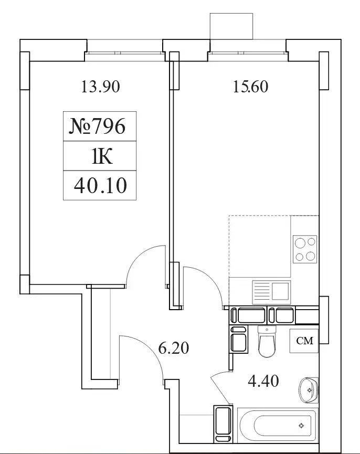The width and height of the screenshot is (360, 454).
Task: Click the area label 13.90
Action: (x=100, y=87)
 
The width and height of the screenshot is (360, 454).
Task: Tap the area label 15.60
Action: (x=251, y=87)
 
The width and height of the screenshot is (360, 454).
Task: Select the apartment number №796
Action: (x=97, y=126)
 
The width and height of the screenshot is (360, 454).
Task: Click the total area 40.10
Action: (x=100, y=185)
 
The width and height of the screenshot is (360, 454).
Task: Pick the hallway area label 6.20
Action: (x=173, y=348)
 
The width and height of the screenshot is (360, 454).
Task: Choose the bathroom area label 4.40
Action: (x=263, y=381)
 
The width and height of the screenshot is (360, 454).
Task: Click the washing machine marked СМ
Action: (x=304, y=341)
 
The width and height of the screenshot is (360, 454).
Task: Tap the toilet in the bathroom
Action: (x=267, y=341)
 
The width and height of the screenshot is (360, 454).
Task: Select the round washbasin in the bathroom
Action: (x=309, y=390)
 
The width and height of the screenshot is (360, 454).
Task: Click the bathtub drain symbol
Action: (x=302, y=425)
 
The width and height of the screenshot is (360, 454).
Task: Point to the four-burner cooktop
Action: (x=305, y=249)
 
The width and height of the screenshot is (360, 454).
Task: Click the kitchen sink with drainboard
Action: (x=271, y=292)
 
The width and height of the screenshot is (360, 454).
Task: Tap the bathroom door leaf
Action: (x=221, y=390)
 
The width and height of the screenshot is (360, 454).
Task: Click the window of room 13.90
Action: (x=125, y=53)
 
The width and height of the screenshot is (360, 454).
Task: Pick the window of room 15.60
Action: (x=248, y=53)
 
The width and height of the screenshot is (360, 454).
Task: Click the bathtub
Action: (x=278, y=425)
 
